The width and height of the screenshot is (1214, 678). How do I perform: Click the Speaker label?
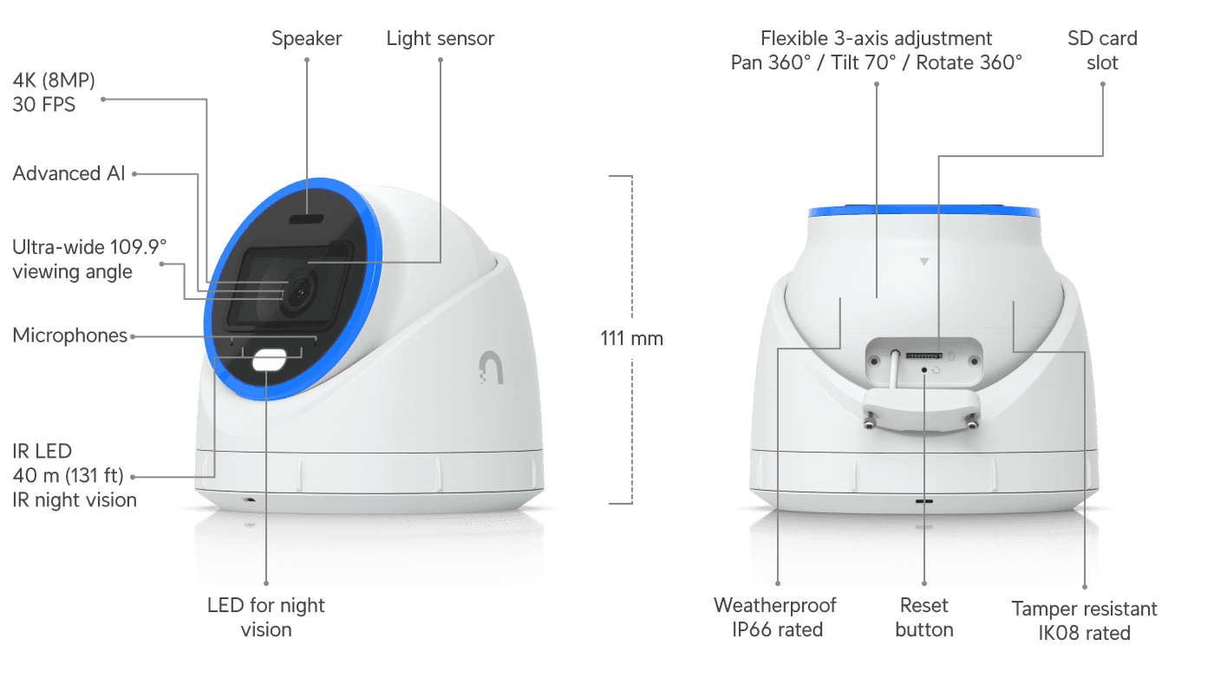[x=306, y=38]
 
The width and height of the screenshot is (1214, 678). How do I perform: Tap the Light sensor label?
[x=441, y=39]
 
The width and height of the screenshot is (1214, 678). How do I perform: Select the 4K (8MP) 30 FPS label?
[x=54, y=92]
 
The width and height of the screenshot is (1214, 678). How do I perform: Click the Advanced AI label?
[x=69, y=173]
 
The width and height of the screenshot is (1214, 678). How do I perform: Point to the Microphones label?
[x=70, y=336]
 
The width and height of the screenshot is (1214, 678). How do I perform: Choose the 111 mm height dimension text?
[x=631, y=338]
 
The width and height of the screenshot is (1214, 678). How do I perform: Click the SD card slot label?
[x=1102, y=50]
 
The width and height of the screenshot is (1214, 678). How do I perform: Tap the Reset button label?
[x=924, y=617]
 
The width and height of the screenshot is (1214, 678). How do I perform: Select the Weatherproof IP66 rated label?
[x=775, y=617]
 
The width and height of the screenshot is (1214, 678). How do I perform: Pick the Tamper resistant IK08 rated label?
[x=1085, y=621]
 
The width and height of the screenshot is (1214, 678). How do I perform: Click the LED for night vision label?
[x=266, y=617]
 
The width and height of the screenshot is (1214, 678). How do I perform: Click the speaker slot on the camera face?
[x=306, y=219]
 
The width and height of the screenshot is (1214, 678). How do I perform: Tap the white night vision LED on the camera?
[x=270, y=360]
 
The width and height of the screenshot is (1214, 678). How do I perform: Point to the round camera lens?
[x=298, y=293]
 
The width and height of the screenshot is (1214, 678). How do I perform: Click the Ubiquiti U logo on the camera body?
[x=492, y=368]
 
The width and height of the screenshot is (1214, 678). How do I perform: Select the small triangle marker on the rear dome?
[x=924, y=262]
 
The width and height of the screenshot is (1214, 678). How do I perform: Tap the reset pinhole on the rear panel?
[x=924, y=370]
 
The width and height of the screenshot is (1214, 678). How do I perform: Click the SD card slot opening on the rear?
[x=924, y=355]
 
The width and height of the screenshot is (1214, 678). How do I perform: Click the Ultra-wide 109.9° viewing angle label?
[x=89, y=259]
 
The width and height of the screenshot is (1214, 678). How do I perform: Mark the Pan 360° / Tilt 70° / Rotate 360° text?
[x=877, y=63]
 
